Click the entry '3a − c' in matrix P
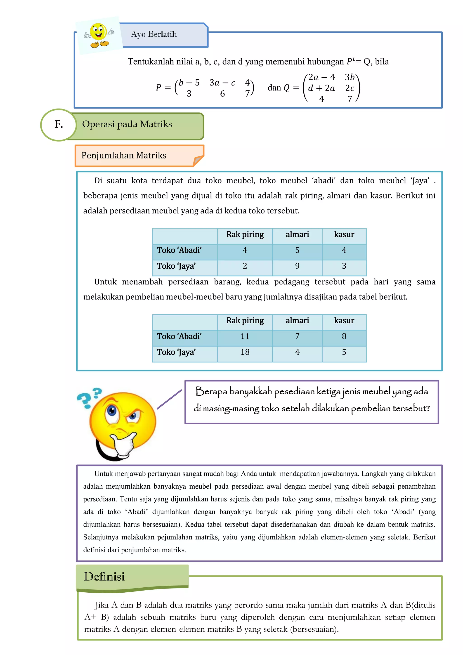(x=222, y=83)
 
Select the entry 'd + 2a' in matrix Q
(x=321, y=88)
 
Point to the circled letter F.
(x=59, y=124)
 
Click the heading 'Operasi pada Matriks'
(x=127, y=124)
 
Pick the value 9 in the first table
(x=297, y=266)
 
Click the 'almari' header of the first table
(x=297, y=234)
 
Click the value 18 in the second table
(x=245, y=352)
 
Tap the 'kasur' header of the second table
(x=344, y=321)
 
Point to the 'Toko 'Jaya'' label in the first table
(x=176, y=266)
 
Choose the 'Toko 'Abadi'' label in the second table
(x=179, y=336)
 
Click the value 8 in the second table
(x=344, y=336)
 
